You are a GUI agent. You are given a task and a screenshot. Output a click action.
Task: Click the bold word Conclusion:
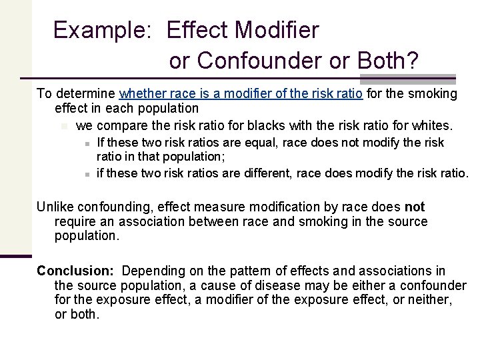tap(77, 271)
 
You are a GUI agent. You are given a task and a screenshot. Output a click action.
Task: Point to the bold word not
tap(415, 207)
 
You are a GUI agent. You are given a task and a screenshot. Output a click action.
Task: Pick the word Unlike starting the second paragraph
tap(55, 207)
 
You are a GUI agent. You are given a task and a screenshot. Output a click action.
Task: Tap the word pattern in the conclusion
tap(245, 271)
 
